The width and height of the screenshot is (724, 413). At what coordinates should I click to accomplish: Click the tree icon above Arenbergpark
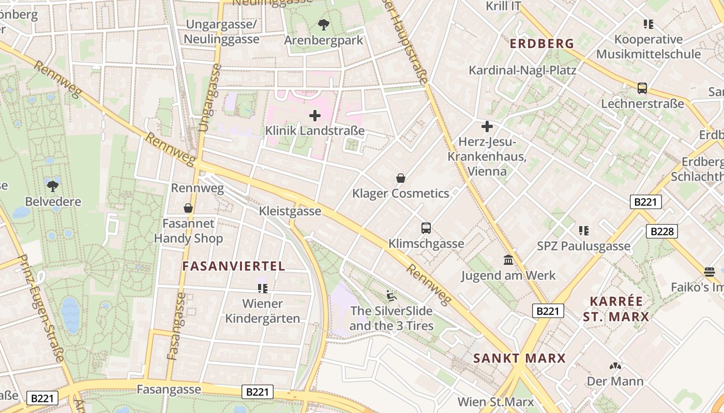pyautogui.click(x=324, y=24)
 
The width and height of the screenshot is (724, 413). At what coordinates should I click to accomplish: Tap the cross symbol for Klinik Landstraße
pyautogui.click(x=314, y=116)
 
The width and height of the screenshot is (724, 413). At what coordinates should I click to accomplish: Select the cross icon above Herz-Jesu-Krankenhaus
pyautogui.click(x=487, y=126)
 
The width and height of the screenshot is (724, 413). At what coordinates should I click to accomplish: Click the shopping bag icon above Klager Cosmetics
pyautogui.click(x=400, y=178)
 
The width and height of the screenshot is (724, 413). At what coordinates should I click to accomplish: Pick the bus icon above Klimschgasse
pyautogui.click(x=426, y=228)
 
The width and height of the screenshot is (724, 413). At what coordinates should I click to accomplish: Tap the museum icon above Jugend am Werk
pyautogui.click(x=508, y=260)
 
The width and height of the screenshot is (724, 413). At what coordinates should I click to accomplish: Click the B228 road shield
pyautogui.click(x=662, y=231)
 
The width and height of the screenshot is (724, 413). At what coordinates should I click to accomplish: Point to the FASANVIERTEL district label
pyautogui.click(x=234, y=266)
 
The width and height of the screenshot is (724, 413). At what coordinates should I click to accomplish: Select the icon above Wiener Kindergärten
pyautogui.click(x=262, y=288)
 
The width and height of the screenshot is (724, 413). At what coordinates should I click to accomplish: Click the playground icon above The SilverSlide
pyautogui.click(x=391, y=296)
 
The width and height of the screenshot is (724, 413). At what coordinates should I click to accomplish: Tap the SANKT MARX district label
pyautogui.click(x=519, y=358)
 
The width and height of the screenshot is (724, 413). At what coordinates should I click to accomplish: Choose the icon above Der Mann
pyautogui.click(x=615, y=366)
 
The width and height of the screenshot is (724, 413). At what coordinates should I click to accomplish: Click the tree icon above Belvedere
pyautogui.click(x=53, y=186)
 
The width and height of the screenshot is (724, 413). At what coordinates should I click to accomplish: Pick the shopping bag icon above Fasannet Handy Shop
pyautogui.click(x=188, y=208)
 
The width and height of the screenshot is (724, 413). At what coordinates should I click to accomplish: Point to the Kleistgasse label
pyautogui.click(x=290, y=211)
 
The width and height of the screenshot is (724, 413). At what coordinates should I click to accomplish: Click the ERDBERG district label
pyautogui.click(x=542, y=44)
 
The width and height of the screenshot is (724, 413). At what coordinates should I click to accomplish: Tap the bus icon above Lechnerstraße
pyautogui.click(x=642, y=88)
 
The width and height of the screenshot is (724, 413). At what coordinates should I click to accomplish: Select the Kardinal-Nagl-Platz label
pyautogui.click(x=522, y=70)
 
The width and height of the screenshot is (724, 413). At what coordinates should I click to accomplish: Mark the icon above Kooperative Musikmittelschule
pyautogui.click(x=648, y=24)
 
